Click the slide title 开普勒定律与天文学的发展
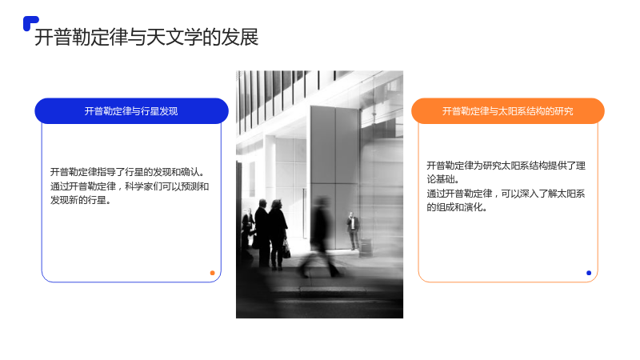tap(146, 37)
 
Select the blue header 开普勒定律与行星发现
tap(131, 111)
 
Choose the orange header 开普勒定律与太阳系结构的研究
tap(508, 111)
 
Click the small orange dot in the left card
tap(212, 273)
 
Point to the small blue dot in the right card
tap(589, 273)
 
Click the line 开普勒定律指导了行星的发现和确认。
tap(128, 172)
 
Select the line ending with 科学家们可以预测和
tap(130, 186)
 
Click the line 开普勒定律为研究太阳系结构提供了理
tap(506, 166)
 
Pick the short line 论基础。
tap(443, 179)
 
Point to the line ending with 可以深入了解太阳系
tap(506, 194)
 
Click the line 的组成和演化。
tap(457, 207)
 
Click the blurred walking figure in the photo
tap(321, 237)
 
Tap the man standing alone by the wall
tap(353, 230)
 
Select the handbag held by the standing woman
tap(286, 250)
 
